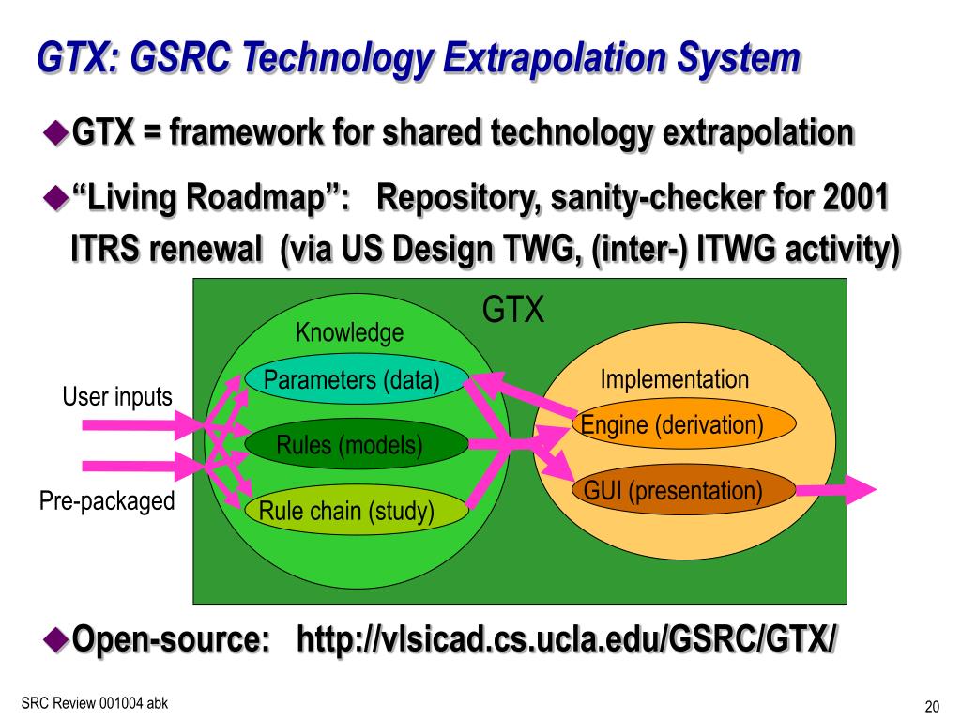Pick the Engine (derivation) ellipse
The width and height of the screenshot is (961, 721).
[683, 425]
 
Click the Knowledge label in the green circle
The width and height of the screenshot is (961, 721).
[349, 332]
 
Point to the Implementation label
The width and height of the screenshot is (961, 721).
[675, 379]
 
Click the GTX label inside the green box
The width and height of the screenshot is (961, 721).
[513, 310]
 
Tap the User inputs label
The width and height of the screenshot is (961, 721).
[117, 397]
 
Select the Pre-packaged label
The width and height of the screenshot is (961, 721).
[107, 501]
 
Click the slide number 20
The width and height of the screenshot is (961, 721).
[932, 707]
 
